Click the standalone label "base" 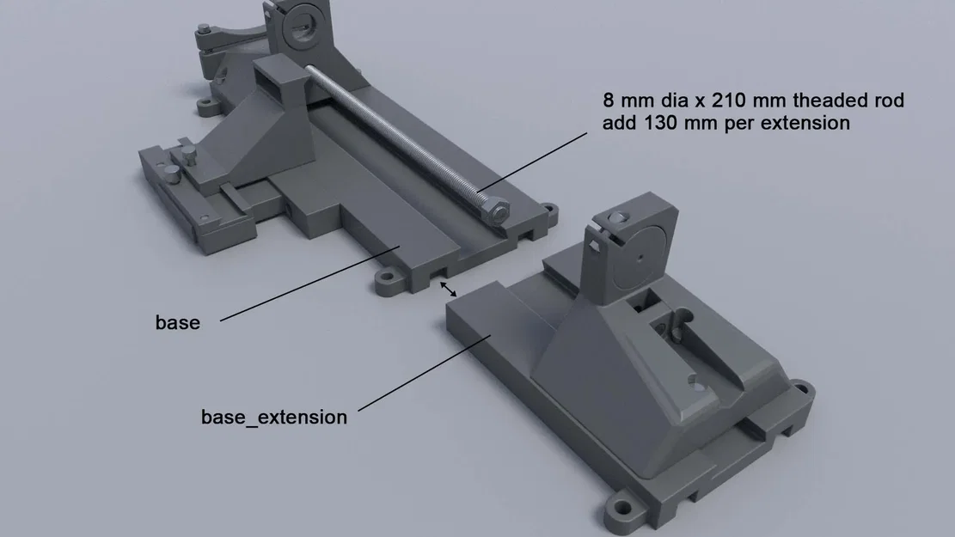(177, 323)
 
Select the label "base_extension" (274, 418)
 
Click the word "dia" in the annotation (685, 101)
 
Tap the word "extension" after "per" (808, 123)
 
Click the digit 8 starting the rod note (608, 101)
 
